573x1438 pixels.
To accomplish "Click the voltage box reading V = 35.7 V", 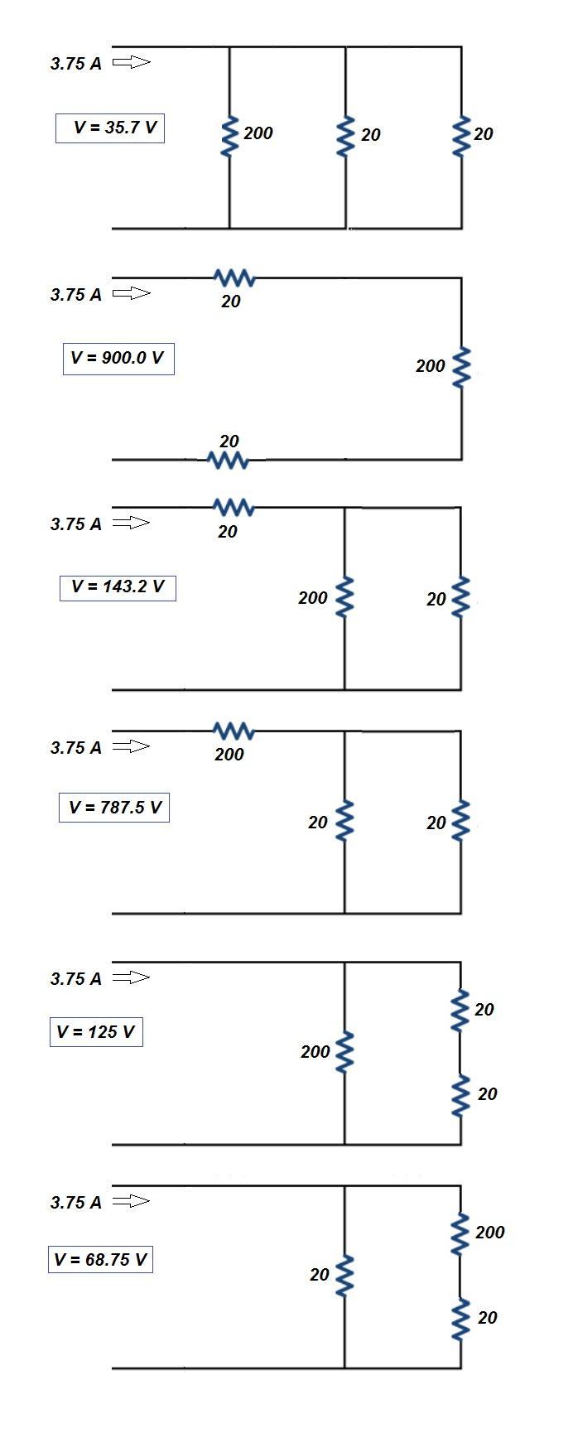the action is click(x=110, y=128).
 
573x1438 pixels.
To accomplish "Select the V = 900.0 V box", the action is click(x=118, y=359).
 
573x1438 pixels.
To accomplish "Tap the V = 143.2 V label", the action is click(x=118, y=587).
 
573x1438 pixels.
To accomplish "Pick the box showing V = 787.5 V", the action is click(x=114, y=807).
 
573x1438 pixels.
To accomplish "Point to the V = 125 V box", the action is click(x=96, y=1032).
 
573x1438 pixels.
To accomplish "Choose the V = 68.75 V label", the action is click(x=100, y=1260).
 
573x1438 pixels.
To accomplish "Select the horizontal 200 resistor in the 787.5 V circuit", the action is click(x=234, y=731).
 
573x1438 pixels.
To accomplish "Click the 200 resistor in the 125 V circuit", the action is click(x=344, y=1052).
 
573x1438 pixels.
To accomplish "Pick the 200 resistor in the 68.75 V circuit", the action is click(x=460, y=1234).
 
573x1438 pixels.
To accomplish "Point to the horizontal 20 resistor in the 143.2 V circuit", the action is click(x=234, y=507).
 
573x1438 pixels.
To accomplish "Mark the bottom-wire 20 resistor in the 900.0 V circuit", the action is click(x=228, y=460).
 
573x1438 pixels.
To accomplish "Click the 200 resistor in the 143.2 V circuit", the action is click(x=344, y=598).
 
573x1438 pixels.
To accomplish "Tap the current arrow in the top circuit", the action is click(x=131, y=62).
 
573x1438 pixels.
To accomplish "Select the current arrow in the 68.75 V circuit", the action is click(x=131, y=1201).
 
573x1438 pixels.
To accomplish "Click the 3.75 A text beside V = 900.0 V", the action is click(x=76, y=295).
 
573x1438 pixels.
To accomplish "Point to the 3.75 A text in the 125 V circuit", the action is click(x=76, y=979).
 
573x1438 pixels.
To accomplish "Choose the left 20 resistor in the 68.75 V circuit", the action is click(x=344, y=1276).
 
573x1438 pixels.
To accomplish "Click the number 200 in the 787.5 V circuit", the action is click(x=229, y=755).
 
